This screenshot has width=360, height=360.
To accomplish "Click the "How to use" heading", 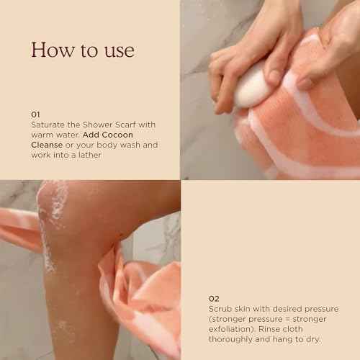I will tap(82, 50).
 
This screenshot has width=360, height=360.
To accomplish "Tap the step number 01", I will tap(36, 114).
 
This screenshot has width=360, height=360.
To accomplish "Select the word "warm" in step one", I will tap(42, 135).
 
